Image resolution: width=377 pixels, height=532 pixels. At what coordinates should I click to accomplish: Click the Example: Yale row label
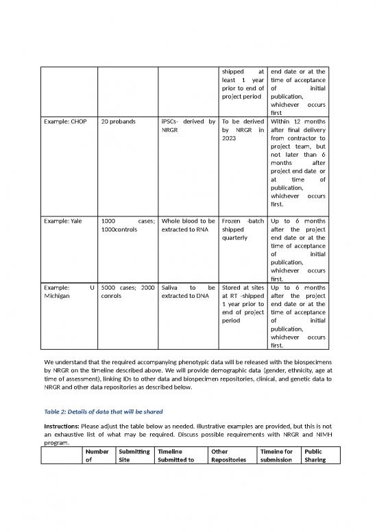61,223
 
